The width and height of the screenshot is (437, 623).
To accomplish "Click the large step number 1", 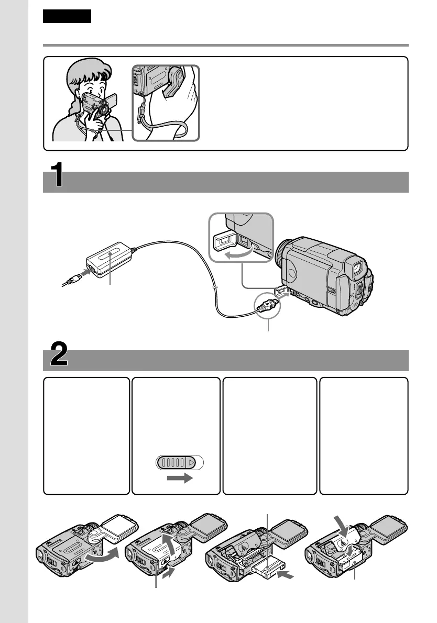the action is coord(57,175).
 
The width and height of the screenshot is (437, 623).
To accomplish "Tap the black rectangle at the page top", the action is coord(67,16).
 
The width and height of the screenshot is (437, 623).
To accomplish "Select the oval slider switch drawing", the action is coord(179,463).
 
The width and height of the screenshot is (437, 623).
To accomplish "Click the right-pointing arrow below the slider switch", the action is coord(179,480).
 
